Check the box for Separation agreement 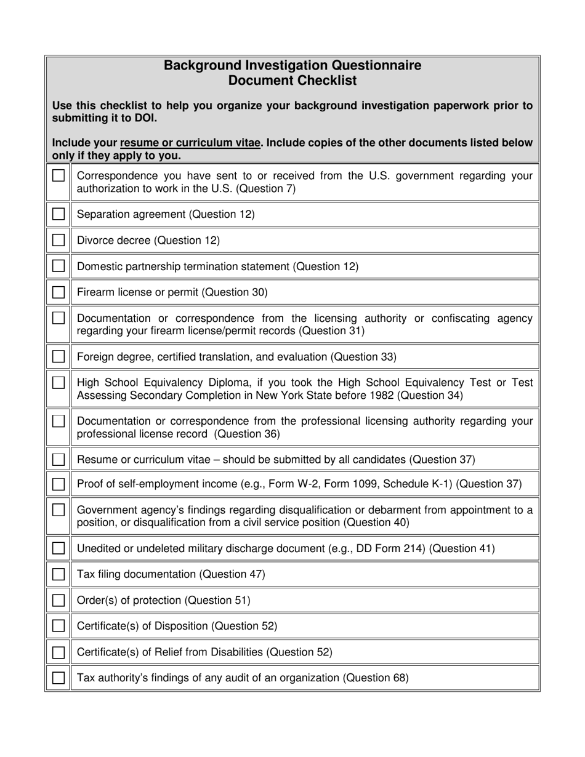coord(58,214)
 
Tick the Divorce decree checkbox coord(58,240)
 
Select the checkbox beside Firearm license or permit coord(58,292)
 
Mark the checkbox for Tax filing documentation coord(58,574)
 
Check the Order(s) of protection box coord(58,600)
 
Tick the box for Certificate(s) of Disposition coord(58,626)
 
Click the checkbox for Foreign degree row coord(58,356)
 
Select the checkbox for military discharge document coord(58,548)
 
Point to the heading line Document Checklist coord(292,81)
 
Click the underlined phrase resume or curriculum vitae coord(190,143)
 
